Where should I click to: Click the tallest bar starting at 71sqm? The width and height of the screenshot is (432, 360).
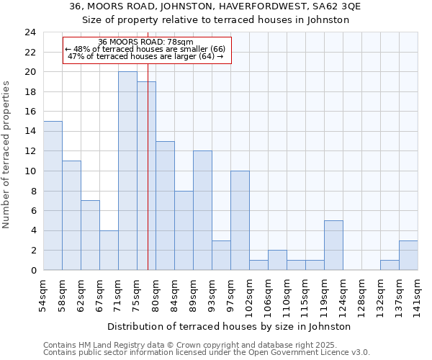[127, 171]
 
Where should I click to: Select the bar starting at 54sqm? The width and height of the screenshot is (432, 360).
[53, 195]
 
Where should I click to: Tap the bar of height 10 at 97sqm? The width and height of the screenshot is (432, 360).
[240, 220]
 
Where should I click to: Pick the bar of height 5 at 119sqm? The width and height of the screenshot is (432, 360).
[333, 245]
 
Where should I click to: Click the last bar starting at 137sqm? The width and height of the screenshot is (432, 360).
[408, 255]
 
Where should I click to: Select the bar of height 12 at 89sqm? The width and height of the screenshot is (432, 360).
[202, 210]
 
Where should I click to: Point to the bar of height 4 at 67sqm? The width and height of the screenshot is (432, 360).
[109, 250]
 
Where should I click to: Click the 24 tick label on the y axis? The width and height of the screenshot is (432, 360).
[30, 32]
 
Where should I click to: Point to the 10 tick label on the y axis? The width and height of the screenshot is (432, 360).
[30, 171]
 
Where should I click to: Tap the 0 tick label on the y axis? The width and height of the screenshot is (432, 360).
[32, 270]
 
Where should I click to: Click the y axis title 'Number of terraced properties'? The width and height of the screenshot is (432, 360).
[7, 155]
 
